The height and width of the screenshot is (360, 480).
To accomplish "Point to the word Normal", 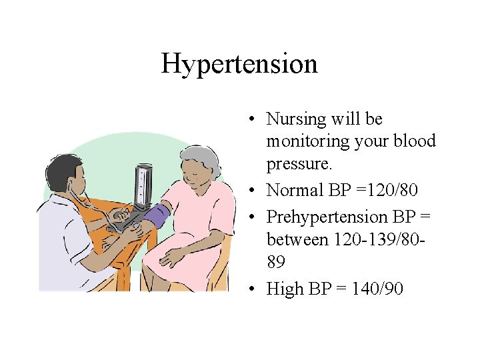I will pyautogui.click(x=294, y=191).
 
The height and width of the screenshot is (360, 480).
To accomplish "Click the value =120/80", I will pyautogui.click(x=385, y=191).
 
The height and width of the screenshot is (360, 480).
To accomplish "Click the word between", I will pyautogui.click(x=295, y=239).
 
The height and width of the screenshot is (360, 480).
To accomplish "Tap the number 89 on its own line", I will pyautogui.click(x=276, y=262).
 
